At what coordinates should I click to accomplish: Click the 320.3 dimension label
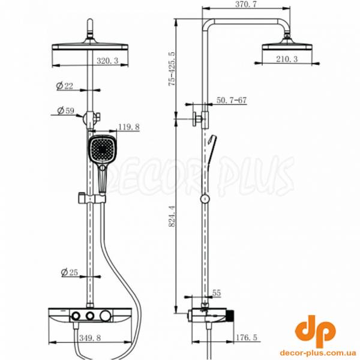pyautogui.click(x=107, y=61)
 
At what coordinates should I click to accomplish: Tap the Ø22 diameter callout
pyautogui.click(x=65, y=86)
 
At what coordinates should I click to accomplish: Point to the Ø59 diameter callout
pyautogui.click(x=66, y=110)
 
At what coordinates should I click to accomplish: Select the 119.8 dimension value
pyautogui.click(x=129, y=127)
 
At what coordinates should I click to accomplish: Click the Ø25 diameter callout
pyautogui.click(x=70, y=272)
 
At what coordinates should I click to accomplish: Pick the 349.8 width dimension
pyautogui.click(x=90, y=338)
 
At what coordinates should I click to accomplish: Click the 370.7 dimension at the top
pyautogui.click(x=246, y=4)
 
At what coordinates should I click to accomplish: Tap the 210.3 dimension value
pyautogui.click(x=287, y=59)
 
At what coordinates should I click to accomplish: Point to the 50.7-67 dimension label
pyautogui.click(x=232, y=100)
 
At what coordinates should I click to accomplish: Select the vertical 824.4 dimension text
pyautogui.click(x=172, y=216)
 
